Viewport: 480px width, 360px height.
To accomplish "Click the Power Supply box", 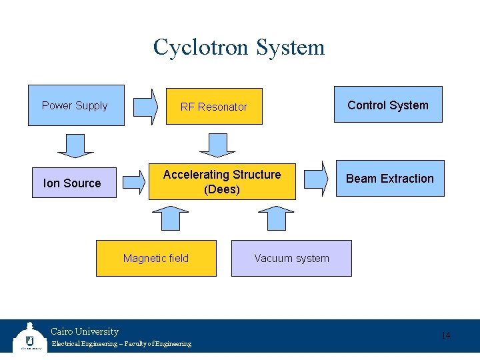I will pos(76,105).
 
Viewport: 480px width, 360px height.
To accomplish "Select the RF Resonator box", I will pos(214,107).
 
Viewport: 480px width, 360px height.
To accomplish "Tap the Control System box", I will pos(388,105).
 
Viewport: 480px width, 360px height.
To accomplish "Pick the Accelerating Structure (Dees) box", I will pos(222,182).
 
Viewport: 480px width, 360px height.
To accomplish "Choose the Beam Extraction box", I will pos(390,179).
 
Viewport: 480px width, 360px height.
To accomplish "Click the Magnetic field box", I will pos(156,258).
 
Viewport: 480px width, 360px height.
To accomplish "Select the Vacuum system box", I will pos(291,258).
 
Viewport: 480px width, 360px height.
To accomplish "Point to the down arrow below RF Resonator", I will pos(214,145).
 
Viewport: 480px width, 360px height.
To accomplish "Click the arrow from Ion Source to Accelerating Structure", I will pos(134,180).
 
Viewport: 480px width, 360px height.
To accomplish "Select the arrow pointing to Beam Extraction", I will pos(317,179).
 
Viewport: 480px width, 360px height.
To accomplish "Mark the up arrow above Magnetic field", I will pos(171,218).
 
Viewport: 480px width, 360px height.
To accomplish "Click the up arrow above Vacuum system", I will pos(276,218).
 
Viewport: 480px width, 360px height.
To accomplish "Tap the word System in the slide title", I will pos(291,47).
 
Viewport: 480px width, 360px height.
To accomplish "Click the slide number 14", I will pos(446,335).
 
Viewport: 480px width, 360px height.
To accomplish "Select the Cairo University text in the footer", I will pos(85,331).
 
